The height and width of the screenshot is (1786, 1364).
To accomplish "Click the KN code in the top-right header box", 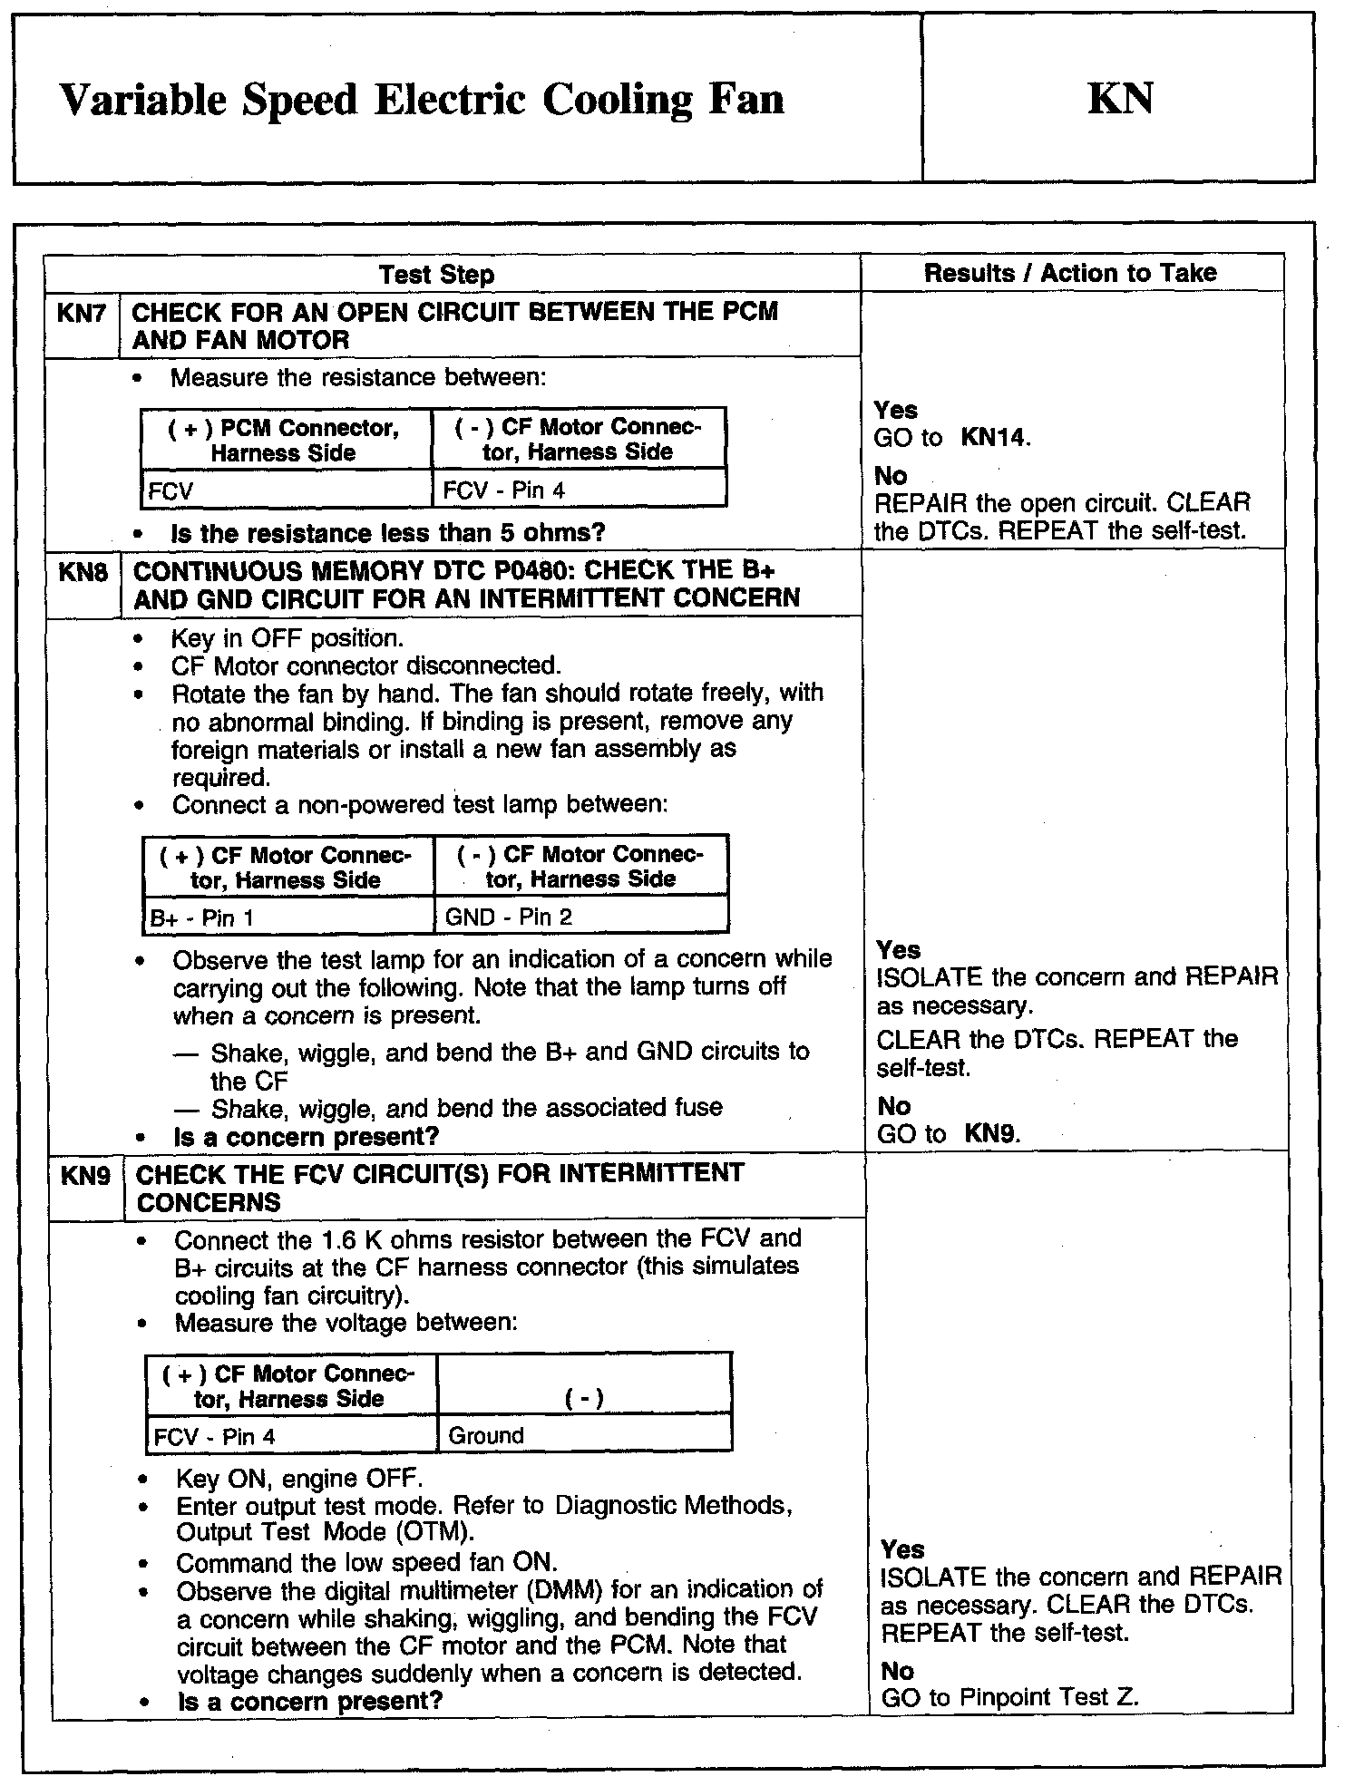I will pos(1120,98).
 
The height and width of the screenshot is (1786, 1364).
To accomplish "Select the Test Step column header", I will pos(436,275).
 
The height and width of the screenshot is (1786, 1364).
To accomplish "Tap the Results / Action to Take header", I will pos(1070,273).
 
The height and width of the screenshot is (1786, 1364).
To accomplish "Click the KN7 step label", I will pos(82,315).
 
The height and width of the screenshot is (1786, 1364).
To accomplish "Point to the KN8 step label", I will pos(83,573).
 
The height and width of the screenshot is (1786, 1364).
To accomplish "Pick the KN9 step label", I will pos(85,1176).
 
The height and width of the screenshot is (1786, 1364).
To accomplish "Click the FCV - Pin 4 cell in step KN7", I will pos(503,490).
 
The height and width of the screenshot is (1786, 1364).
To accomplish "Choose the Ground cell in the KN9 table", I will pos(486,1435).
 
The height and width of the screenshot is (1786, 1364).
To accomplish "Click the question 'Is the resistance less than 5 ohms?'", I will pos(387,533).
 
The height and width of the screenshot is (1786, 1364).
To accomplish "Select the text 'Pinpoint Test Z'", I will pos(1047,1697).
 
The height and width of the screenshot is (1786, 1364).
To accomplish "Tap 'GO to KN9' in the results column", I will pos(948,1133).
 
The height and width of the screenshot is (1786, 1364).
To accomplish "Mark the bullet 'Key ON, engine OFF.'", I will pos(298,1479).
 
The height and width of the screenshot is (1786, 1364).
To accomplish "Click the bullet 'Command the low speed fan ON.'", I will pos(366,1563).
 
